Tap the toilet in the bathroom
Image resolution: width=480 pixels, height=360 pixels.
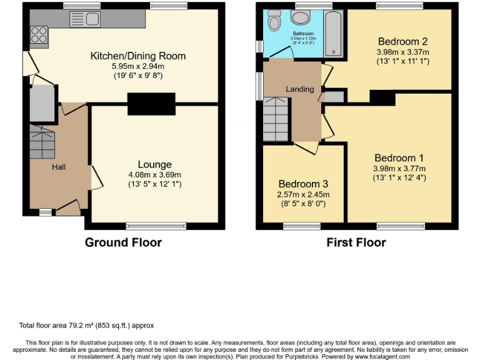click(x=274, y=22)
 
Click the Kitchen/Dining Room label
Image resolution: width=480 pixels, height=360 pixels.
click(x=138, y=56)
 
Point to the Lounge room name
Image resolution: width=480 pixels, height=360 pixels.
click(x=155, y=164)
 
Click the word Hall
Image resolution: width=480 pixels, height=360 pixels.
click(x=59, y=167)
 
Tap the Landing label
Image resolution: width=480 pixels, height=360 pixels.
click(x=300, y=89)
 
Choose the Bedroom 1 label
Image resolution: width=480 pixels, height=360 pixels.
click(x=399, y=158)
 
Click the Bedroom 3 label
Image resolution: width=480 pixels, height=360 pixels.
click(x=303, y=184)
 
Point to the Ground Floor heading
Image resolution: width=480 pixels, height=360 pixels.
click(x=123, y=242)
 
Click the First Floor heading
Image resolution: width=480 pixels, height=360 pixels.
click(x=356, y=242)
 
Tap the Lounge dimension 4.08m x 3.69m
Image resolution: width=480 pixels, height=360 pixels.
click(x=155, y=174)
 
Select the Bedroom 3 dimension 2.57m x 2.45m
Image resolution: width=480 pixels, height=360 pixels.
click(x=303, y=194)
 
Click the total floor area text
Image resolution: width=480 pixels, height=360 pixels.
click(x=86, y=326)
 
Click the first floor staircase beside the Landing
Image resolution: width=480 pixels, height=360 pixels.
click(x=275, y=120)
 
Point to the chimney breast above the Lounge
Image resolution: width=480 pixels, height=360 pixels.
click(x=151, y=103)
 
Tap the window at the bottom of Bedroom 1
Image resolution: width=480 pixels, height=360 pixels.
click(x=398, y=226)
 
